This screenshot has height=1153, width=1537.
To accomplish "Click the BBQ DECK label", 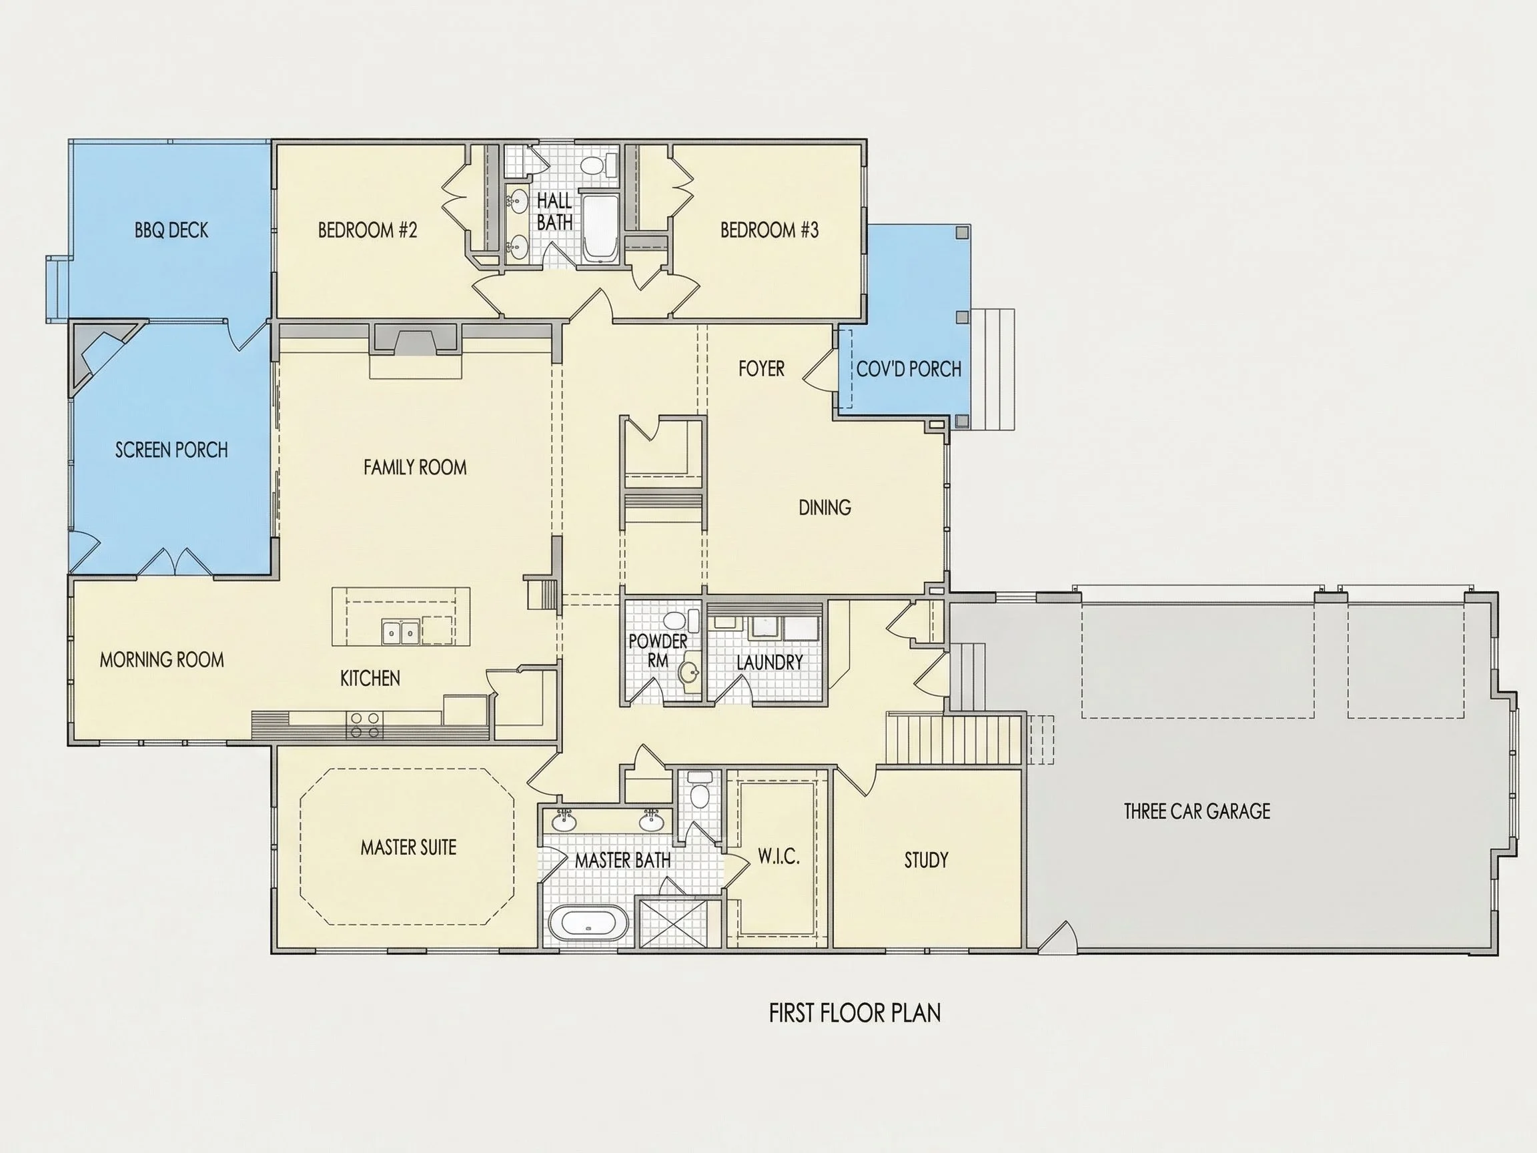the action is click(171, 230).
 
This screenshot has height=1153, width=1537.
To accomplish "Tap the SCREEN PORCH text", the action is click(171, 450).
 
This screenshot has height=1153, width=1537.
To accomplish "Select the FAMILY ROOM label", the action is click(415, 467).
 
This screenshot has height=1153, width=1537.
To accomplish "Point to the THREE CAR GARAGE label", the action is click(1197, 811).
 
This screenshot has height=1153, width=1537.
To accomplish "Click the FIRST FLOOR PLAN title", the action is click(855, 1014).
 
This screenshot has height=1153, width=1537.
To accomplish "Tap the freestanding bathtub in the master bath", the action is click(588, 924).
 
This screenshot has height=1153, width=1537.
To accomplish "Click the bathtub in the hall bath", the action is click(599, 228).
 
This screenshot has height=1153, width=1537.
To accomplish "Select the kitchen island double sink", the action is click(400, 632).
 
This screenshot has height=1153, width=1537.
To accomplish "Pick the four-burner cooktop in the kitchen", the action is click(364, 725).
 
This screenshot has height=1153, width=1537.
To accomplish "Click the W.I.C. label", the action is click(779, 856).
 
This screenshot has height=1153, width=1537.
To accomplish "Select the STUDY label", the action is click(926, 860).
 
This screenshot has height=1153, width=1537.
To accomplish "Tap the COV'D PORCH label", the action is click(909, 369).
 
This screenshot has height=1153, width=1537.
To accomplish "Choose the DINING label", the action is click(825, 507).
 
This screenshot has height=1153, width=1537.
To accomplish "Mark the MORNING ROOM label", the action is click(162, 659).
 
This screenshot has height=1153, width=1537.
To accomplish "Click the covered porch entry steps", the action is click(993, 369).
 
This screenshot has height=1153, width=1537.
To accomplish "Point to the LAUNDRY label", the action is click(770, 663).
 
